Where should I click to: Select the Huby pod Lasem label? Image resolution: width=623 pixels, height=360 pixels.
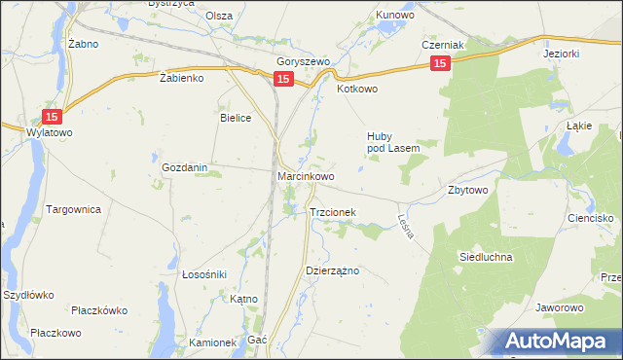point(392,142)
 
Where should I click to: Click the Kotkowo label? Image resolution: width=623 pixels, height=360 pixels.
point(356,89)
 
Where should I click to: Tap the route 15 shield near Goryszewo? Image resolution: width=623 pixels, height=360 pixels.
point(283,79)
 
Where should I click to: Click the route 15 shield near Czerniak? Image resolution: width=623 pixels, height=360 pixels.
point(441,63)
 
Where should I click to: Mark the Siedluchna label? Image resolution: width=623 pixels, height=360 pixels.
point(485,257)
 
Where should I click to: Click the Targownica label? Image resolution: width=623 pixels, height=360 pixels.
point(74,209)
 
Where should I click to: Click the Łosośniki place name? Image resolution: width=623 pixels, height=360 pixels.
point(204,274)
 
